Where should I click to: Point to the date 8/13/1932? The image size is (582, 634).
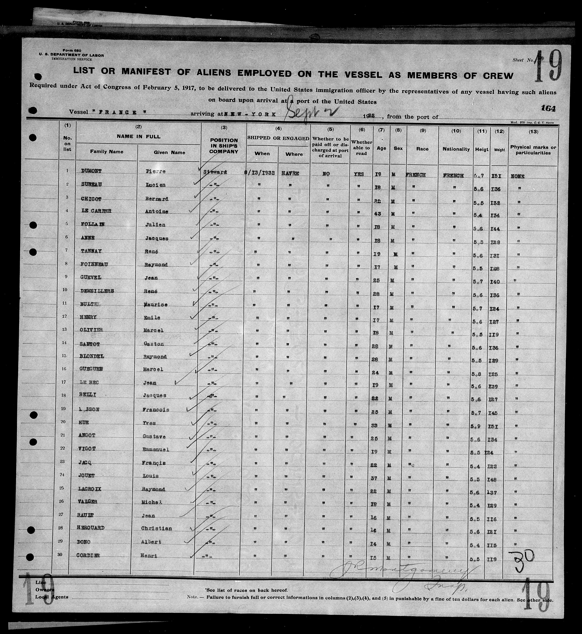point(261,173)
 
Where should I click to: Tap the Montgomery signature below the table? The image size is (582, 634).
point(403,569)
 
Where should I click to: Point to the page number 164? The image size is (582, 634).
point(548,108)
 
